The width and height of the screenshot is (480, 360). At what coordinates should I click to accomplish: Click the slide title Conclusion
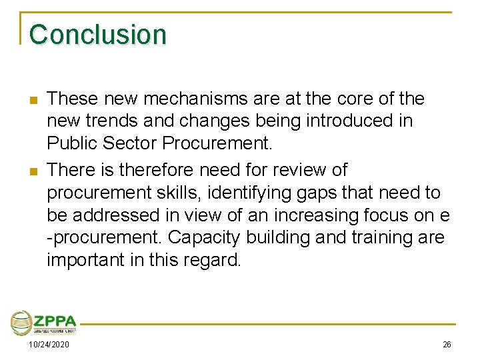(98, 34)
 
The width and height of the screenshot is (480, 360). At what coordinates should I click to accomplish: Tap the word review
(297, 170)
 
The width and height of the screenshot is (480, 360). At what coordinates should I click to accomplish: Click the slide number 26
(446, 345)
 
